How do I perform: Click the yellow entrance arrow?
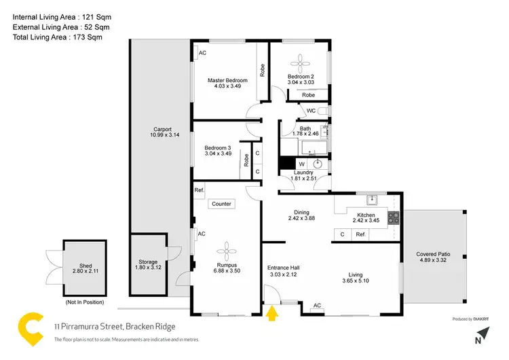point(274,314)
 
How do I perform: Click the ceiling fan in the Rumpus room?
point(227,249)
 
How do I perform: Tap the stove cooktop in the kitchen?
point(392,219)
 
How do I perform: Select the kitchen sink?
point(371,200)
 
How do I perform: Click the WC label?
point(310,110)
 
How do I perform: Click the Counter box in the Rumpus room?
point(221,204)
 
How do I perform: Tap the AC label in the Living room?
point(316,306)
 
